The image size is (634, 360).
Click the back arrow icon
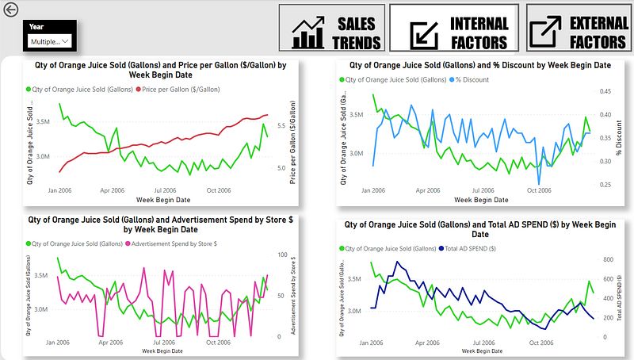coord(11,10)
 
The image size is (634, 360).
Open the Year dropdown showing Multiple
coord(49,40)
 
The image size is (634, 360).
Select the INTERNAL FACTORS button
coord(455,31)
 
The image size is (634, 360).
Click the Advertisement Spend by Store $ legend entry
coord(176,243)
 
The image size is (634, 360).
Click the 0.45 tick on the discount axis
coord(605,92)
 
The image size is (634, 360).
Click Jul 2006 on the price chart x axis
coord(165,190)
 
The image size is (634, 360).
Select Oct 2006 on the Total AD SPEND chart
coord(541,343)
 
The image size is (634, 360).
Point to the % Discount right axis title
coord(620,137)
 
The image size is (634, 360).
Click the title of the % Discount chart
coord(479,65)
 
